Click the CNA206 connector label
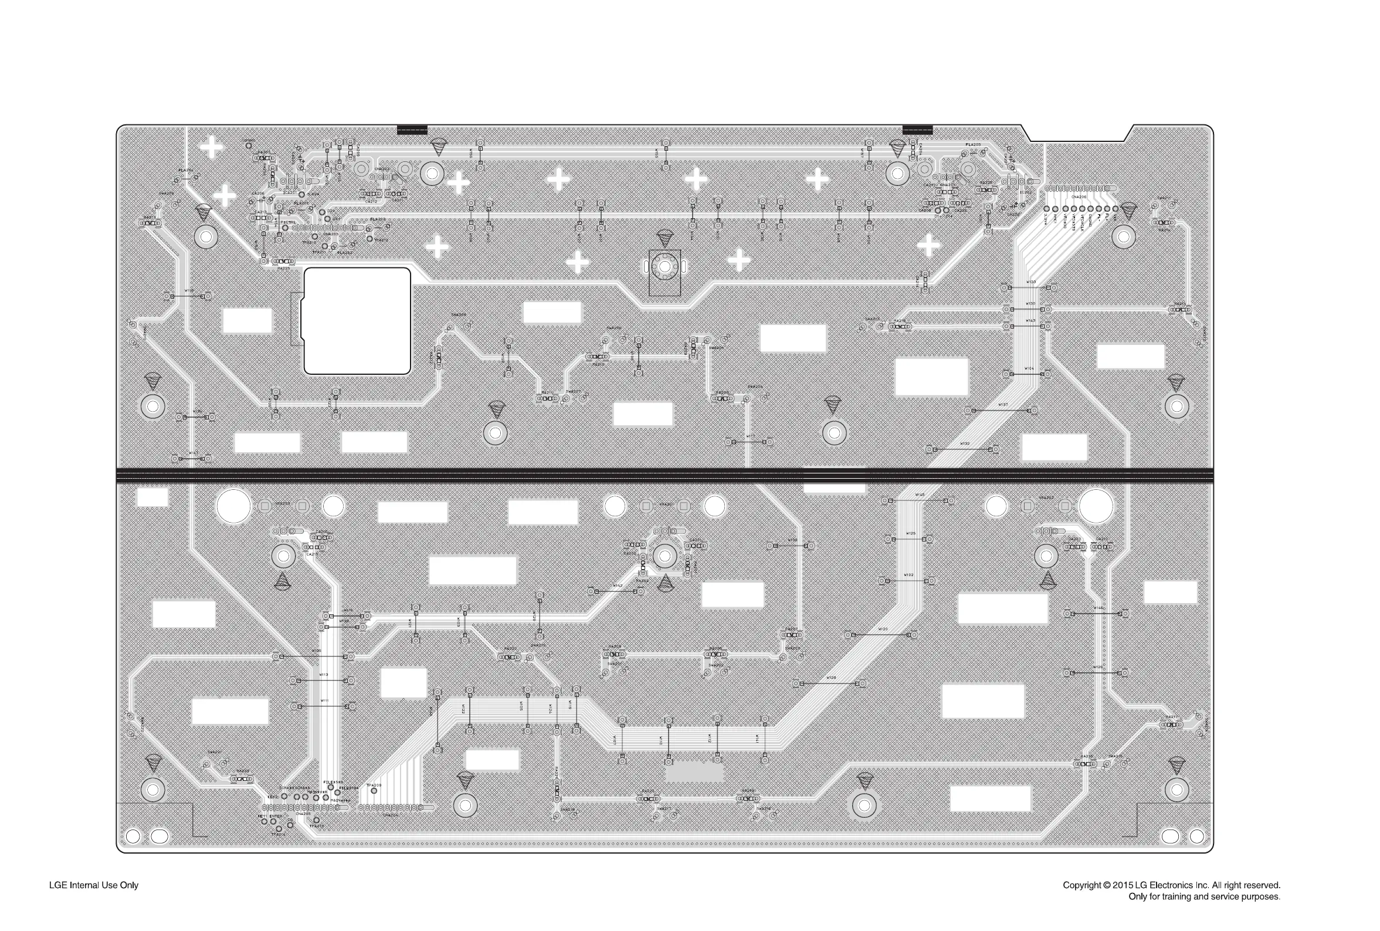pos(1079,197)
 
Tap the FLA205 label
pos(973,145)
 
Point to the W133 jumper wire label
pos(1030,282)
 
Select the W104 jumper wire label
pos(1029,369)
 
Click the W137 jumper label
pos(1002,405)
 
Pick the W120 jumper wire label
pos(883,629)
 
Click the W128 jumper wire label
pos(831,678)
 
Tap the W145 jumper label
pos(920,495)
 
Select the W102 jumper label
pos(908,575)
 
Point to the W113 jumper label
pos(324,675)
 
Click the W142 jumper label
pos(618,586)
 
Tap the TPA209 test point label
pos(374,786)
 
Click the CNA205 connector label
pos(303,814)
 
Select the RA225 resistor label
pos(986,183)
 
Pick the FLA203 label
pos(378,219)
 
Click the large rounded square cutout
pos(357,321)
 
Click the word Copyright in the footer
pos(1081,885)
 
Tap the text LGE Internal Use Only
pos(94,885)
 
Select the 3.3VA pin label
pos(1046,219)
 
